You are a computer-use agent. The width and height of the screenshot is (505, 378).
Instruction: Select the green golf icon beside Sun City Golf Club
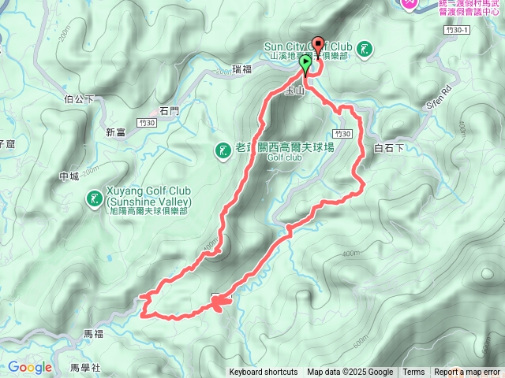tap(365, 50)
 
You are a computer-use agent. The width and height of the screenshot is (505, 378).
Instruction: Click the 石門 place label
tap(170, 112)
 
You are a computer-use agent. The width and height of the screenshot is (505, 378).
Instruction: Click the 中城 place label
tap(69, 177)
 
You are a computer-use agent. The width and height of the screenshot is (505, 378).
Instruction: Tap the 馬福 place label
tap(93, 334)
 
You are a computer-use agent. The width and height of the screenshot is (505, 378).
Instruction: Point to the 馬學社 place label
tap(85, 367)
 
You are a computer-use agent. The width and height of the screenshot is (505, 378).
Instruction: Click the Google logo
tap(30, 367)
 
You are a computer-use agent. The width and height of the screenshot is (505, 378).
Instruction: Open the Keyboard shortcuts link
tap(264, 372)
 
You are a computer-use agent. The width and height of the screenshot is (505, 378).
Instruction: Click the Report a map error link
tap(467, 372)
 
